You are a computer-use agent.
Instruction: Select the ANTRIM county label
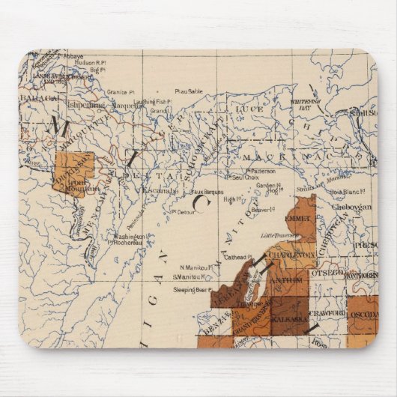coord(288,281)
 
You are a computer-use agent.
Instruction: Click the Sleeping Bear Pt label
coord(190,288)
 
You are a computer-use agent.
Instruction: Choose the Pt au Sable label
coord(189,91)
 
